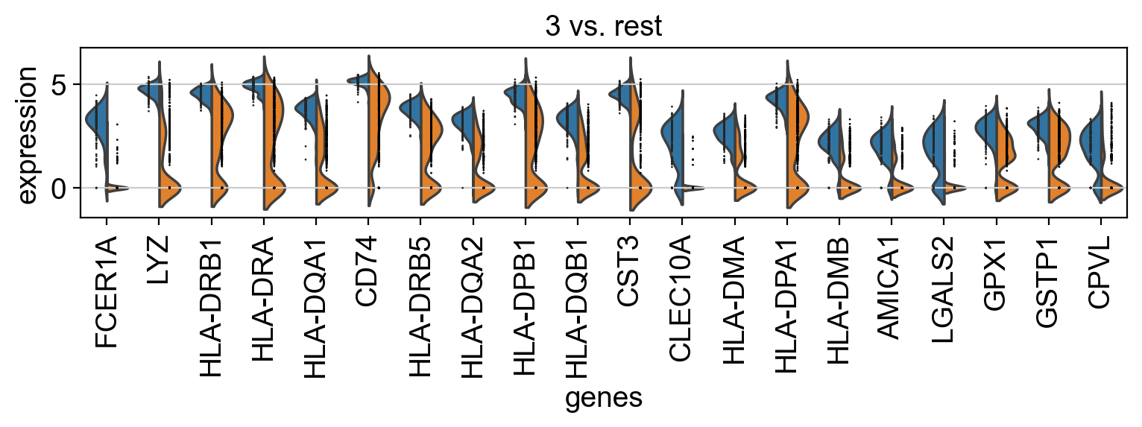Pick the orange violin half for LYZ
tap(166, 149)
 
